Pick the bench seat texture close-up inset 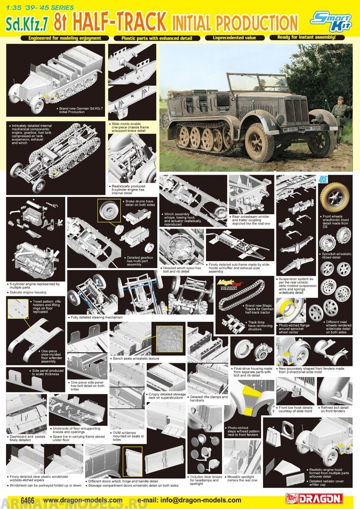pyautogui.click(x=168, y=339)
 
